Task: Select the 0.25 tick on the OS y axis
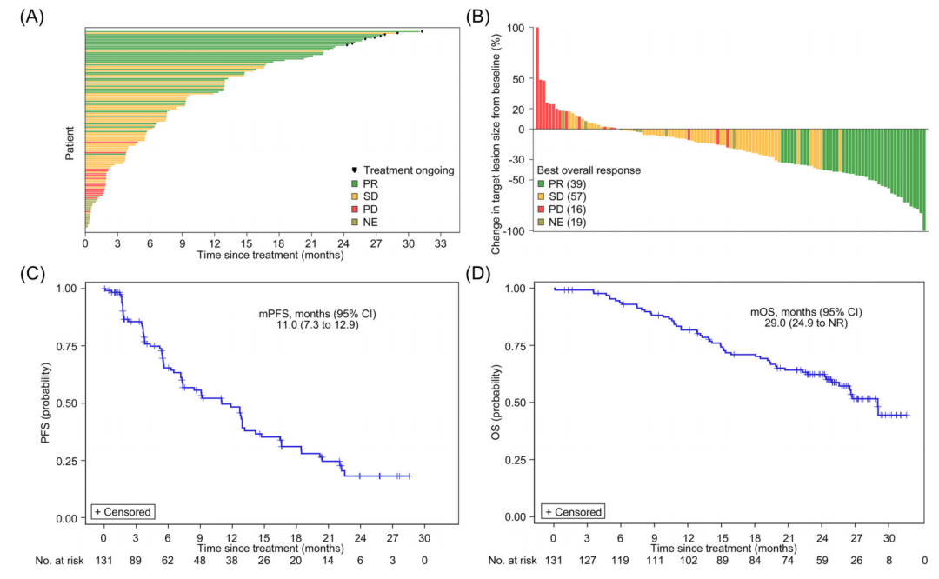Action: [x=525, y=460]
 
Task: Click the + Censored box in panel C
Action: [x=123, y=511]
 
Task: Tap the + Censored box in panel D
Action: [x=573, y=511]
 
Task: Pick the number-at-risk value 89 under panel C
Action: [x=136, y=561]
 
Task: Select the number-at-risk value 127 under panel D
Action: [x=587, y=561]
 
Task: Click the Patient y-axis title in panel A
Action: [x=69, y=143]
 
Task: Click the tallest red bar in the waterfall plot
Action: [x=536, y=78]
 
